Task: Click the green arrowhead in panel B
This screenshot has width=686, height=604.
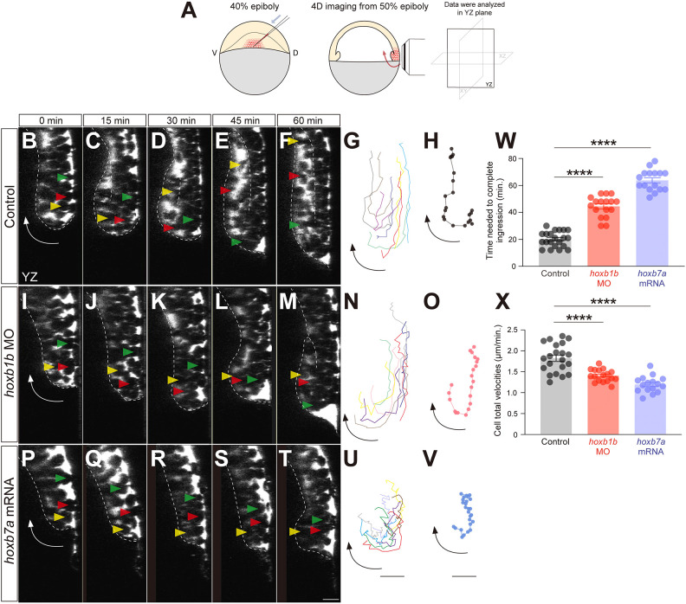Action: [x=60, y=177]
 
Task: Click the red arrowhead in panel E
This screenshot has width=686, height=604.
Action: [x=226, y=190]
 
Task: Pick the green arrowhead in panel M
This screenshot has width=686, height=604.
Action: [x=309, y=404]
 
